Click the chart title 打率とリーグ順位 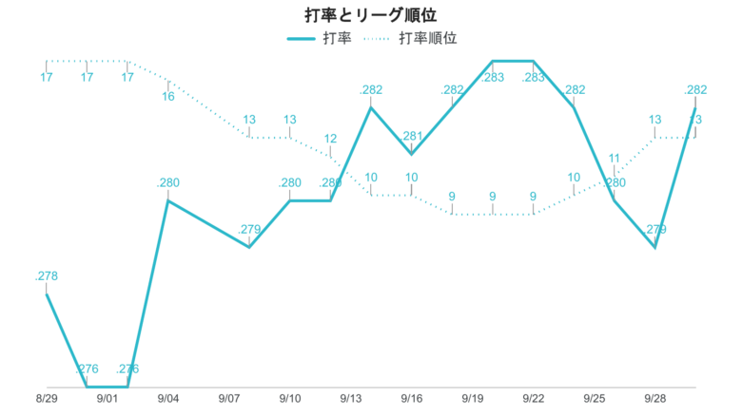tap(371, 15)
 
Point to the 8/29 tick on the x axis tap(47, 400)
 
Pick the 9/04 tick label tap(168, 400)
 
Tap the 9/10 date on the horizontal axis tap(290, 400)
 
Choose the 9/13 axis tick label tap(351, 400)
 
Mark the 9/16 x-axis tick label tap(412, 400)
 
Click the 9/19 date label tap(473, 400)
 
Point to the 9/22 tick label tap(534, 400)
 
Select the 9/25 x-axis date tap(595, 400)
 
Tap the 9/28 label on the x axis tap(655, 400)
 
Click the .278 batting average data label tap(47, 276)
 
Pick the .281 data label tap(412, 136)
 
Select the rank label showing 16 tap(168, 96)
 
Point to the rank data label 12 tap(330, 139)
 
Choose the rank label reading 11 tap(615, 158)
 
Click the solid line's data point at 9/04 tap(168, 200)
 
